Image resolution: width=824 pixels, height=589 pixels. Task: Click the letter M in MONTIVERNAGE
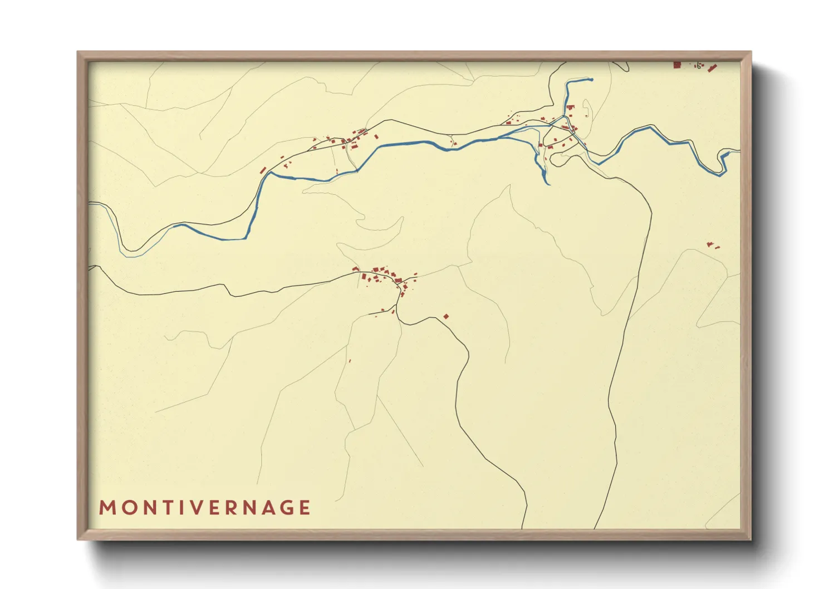[106, 508]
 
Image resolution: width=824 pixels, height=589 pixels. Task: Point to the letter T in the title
[160, 508]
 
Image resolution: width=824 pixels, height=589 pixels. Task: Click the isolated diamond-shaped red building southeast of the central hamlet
[446, 317]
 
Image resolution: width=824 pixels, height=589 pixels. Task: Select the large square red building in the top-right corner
[677, 65]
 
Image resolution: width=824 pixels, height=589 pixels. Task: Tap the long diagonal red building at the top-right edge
[712, 68]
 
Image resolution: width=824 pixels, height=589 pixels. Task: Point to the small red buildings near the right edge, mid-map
[711, 245]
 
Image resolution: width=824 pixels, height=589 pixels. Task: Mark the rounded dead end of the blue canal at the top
[591, 80]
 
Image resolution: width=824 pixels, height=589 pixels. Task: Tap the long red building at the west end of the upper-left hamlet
[263, 170]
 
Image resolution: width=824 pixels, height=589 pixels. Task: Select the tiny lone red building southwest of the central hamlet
[350, 361]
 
